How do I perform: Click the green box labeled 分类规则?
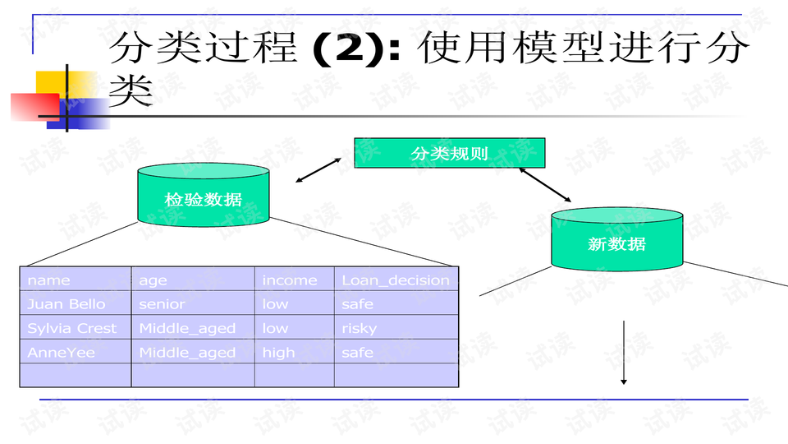tap(449, 153)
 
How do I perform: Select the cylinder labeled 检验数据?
tap(204, 195)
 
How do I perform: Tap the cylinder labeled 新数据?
tap(617, 239)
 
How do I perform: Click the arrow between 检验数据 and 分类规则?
tap(318, 170)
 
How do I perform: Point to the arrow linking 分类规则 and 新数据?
tap(545, 185)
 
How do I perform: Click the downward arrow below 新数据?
tap(624, 353)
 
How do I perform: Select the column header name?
tap(76, 279)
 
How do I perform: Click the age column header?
tap(193, 279)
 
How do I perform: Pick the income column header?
tap(295, 279)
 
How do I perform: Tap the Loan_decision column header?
tap(396, 279)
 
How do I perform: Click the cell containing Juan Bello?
tap(76, 303)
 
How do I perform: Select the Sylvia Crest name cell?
tap(76, 327)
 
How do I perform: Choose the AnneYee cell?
tap(76, 351)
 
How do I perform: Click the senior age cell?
tap(193, 303)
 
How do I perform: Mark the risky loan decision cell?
tap(396, 327)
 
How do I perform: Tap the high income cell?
tap(295, 351)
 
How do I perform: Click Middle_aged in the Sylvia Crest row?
tap(193, 327)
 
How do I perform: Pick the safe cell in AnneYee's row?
tap(396, 351)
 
